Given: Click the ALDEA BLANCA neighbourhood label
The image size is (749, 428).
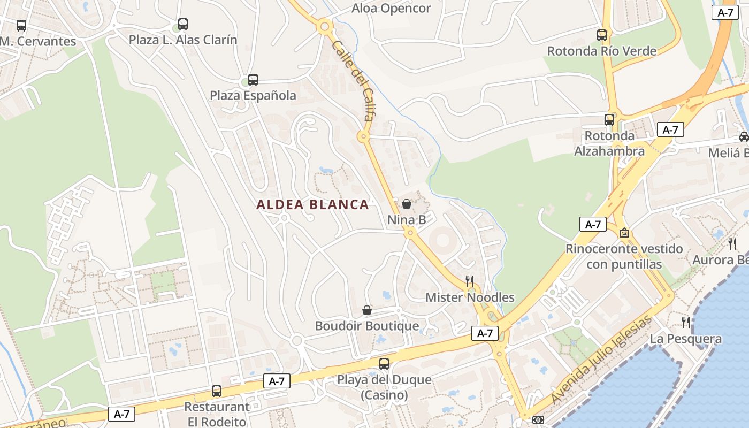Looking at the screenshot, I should pyautogui.click(x=312, y=204).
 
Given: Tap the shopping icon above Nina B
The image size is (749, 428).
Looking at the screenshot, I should pyautogui.click(x=407, y=204).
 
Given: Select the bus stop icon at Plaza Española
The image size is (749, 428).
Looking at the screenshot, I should pyautogui.click(x=253, y=80).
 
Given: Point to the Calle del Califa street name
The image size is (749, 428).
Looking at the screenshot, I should pyautogui.click(x=354, y=86).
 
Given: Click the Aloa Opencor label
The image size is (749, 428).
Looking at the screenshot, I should pyautogui.click(x=391, y=9).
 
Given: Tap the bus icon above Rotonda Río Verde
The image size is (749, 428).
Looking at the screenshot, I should pyautogui.click(x=602, y=35).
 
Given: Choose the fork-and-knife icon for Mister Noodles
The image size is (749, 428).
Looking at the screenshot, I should pyautogui.click(x=470, y=281).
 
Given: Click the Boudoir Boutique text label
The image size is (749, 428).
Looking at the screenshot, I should pyautogui.click(x=367, y=326).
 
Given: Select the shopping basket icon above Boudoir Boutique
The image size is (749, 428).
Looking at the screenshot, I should pyautogui.click(x=367, y=310).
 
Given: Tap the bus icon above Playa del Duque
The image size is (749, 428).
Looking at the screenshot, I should pyautogui.click(x=384, y=364).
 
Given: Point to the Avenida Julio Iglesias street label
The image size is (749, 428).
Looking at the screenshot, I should pyautogui.click(x=602, y=360).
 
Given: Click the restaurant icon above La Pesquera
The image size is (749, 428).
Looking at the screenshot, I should pyautogui.click(x=686, y=322).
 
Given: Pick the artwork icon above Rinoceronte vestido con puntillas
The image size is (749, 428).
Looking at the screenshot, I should pyautogui.click(x=624, y=233).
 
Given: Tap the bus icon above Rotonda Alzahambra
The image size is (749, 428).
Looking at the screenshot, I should pyautogui.click(x=609, y=119).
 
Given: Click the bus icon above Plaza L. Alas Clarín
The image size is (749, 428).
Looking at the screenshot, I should pyautogui.click(x=183, y=24).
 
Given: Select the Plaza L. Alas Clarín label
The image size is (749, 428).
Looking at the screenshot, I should pyautogui.click(x=183, y=40).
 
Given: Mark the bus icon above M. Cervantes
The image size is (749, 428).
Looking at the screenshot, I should pyautogui.click(x=21, y=25).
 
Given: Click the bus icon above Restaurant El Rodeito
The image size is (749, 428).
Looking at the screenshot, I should pyautogui.click(x=217, y=391).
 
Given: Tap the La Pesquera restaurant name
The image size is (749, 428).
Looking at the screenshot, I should pyautogui.click(x=686, y=339).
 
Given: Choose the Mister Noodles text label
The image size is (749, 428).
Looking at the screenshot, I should pyautogui.click(x=470, y=297).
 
